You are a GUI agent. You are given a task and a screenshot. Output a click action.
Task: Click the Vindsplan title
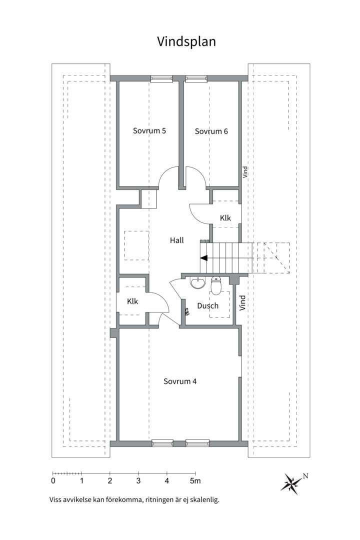click(x=186, y=41)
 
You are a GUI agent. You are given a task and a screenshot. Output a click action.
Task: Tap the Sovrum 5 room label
click(x=149, y=131)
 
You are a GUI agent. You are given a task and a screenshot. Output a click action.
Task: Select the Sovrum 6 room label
click(x=211, y=131)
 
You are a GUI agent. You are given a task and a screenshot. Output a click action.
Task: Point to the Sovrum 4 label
click(x=180, y=381)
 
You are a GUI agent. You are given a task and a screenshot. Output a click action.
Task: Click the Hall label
click(x=176, y=240)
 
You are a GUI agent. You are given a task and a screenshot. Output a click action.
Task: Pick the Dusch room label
click(x=207, y=305)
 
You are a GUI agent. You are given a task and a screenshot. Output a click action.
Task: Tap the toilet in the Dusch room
click(x=216, y=285)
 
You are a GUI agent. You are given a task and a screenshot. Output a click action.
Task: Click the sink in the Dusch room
click(x=197, y=282)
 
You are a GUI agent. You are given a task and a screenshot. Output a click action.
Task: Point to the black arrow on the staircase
click(x=204, y=257)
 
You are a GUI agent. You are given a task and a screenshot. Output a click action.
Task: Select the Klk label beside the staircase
click(x=225, y=217)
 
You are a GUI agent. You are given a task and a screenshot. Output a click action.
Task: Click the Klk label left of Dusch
click(x=132, y=301)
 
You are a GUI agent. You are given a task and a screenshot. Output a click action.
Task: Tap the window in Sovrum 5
click(x=161, y=79)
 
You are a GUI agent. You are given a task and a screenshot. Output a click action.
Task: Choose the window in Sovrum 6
click(x=196, y=79)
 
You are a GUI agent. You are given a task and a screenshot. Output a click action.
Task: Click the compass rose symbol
click(x=291, y=483)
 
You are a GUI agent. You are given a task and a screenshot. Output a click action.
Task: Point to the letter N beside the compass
click(x=305, y=476)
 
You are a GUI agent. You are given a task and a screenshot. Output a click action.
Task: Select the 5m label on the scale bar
click(x=195, y=481)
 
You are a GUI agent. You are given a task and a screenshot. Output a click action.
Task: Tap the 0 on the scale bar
click(x=53, y=481)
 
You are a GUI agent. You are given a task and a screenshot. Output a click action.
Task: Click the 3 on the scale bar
click(x=138, y=481)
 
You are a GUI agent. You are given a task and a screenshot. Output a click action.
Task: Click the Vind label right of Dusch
click(x=242, y=302)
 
